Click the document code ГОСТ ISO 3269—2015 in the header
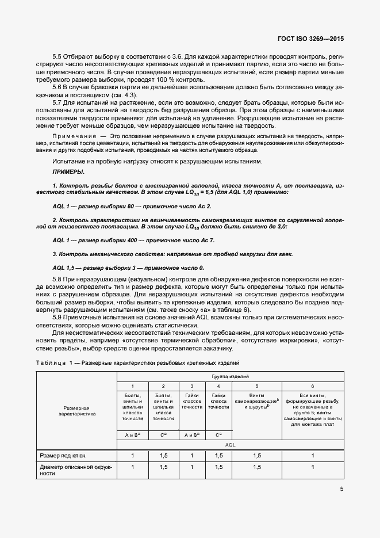pos(310,40)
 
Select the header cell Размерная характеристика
pos(76,410)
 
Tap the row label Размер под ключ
pos(63,456)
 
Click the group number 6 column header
pos(312,386)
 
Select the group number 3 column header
pos(191,386)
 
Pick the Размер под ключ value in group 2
pos(163,456)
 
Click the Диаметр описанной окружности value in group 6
pos(312,467)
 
